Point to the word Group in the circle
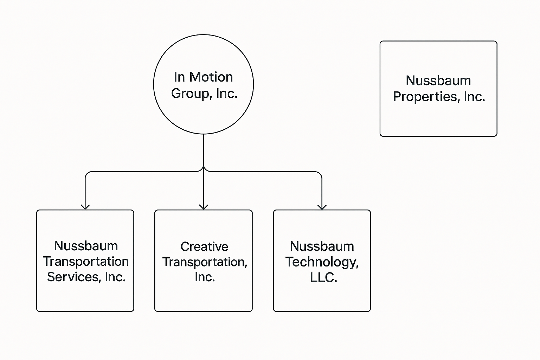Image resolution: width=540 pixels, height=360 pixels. tap(186, 94)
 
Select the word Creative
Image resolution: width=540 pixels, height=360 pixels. tap(204, 246)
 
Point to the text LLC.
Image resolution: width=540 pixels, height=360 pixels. tap(323, 278)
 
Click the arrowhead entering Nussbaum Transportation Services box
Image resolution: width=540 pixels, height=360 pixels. tap(85, 207)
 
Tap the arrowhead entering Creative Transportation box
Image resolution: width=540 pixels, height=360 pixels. tap(204, 207)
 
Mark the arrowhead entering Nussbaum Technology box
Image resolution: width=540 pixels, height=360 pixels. tap(322, 207)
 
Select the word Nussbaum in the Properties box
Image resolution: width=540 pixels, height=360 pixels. tap(438, 81)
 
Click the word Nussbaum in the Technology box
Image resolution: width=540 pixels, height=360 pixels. tap(322, 246)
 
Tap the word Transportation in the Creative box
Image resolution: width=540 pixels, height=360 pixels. tap(205, 262)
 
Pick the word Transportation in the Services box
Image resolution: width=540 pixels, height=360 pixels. tap(86, 262)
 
